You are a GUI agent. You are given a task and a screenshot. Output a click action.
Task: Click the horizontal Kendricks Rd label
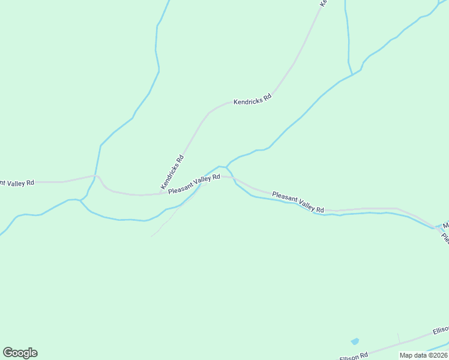(x=253, y=98)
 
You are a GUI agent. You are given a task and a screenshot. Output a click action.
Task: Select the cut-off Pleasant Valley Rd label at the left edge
(x=17, y=182)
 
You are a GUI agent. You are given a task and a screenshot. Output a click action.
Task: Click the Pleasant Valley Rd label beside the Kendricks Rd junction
(x=194, y=184)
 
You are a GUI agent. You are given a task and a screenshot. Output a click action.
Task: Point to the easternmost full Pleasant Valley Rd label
(x=298, y=202)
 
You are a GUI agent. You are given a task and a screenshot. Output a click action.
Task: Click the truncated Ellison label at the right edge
(x=441, y=331)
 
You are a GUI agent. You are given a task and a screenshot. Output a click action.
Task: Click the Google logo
(x=20, y=353)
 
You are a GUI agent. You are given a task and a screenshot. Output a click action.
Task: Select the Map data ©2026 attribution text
(x=424, y=355)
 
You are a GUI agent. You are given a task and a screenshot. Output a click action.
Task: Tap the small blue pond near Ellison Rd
(x=355, y=341)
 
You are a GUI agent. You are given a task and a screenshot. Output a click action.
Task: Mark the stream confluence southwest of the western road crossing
(x=80, y=200)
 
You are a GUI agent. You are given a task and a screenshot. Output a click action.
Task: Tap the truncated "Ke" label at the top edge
(x=323, y=3)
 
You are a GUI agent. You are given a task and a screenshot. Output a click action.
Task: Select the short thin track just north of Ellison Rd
(x=398, y=337)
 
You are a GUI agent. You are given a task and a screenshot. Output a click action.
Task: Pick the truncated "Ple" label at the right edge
(x=445, y=238)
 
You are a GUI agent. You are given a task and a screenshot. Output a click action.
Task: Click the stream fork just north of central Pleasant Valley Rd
(x=226, y=167)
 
